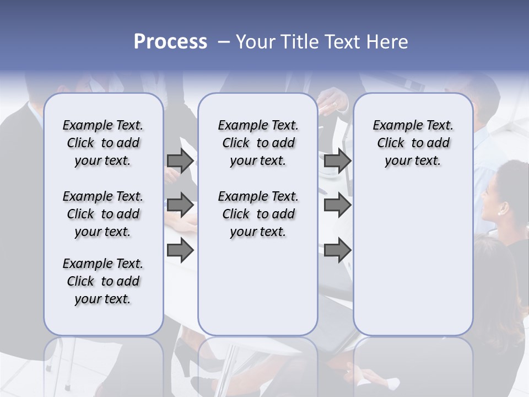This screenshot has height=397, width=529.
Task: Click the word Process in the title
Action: [x=170, y=42]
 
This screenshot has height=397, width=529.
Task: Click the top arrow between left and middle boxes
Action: [x=180, y=161]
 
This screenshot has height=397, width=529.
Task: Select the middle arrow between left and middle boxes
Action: [x=180, y=206]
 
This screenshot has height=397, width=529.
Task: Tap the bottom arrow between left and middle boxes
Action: [x=180, y=250]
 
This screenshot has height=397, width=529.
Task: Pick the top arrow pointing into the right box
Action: [x=337, y=161]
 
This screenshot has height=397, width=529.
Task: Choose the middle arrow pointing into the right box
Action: [x=337, y=206]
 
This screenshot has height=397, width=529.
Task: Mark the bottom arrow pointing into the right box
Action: [x=337, y=250]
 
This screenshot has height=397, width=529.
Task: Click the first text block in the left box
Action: [x=103, y=143]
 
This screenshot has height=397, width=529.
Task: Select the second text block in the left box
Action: [x=103, y=214]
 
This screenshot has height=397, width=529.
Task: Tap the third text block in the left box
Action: [x=103, y=281]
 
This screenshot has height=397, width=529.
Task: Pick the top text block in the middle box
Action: [x=258, y=143]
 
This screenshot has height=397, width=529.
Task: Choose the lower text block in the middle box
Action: [x=258, y=214]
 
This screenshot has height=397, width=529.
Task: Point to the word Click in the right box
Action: [x=391, y=143]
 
